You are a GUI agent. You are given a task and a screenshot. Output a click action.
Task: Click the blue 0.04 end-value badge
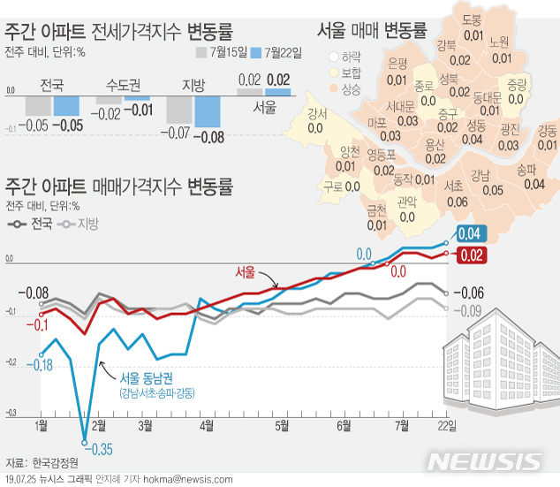click(472, 234)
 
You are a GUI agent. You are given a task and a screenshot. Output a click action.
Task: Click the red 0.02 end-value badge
click(472, 255)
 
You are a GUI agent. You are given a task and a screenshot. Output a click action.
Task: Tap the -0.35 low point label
click(100, 450)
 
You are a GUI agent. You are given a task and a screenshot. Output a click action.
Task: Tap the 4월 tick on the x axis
click(206, 426)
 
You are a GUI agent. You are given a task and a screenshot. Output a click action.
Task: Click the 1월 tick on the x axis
click(41, 426)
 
